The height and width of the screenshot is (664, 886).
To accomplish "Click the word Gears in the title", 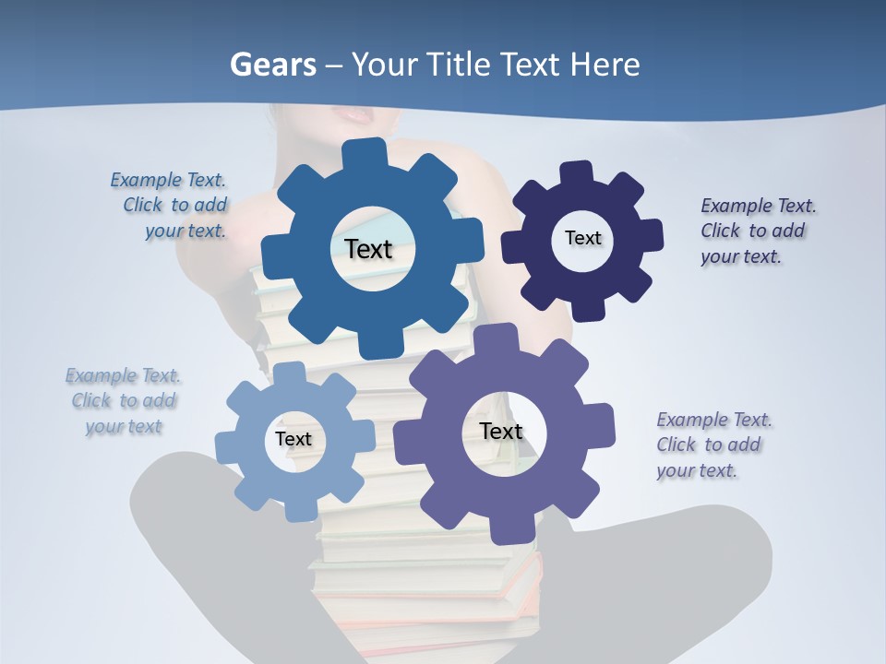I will (x=272, y=65).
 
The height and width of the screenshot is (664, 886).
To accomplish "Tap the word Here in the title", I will (x=605, y=65).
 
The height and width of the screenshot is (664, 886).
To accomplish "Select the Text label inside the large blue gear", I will (x=368, y=249).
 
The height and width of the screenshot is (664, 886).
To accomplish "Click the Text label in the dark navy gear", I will (x=582, y=238).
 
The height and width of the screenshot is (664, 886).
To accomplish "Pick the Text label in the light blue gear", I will (x=293, y=439).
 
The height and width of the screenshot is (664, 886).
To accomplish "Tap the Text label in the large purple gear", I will (x=501, y=431).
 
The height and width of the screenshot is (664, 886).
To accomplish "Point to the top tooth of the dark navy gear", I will (x=577, y=172).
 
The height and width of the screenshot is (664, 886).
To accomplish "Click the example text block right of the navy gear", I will (x=758, y=231).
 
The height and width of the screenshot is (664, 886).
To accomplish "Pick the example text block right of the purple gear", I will (x=713, y=445).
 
